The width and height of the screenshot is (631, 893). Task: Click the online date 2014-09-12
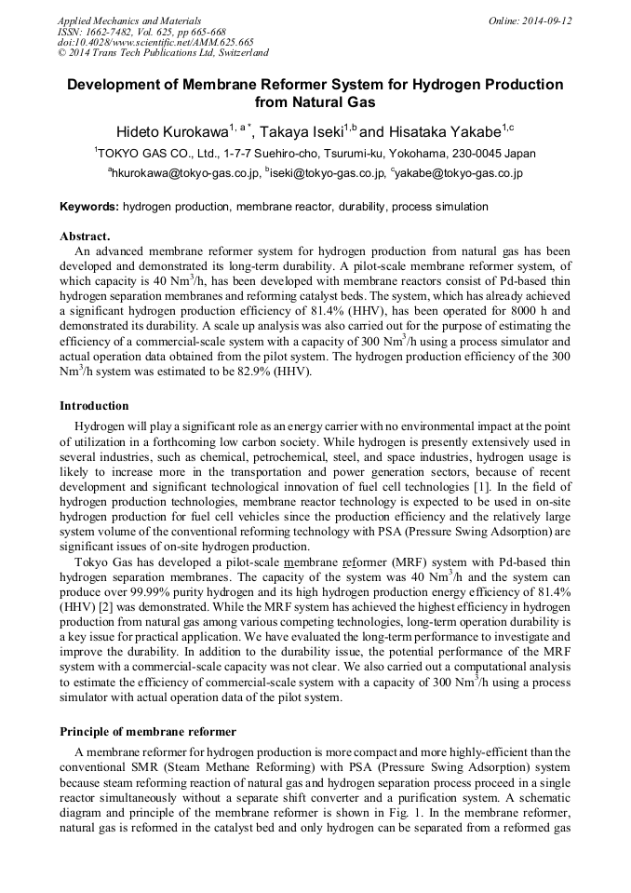click(x=544, y=20)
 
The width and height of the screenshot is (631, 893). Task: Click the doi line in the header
click(x=155, y=42)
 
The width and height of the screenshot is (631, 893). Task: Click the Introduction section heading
click(x=94, y=406)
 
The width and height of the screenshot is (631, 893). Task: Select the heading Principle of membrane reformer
click(x=148, y=732)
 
